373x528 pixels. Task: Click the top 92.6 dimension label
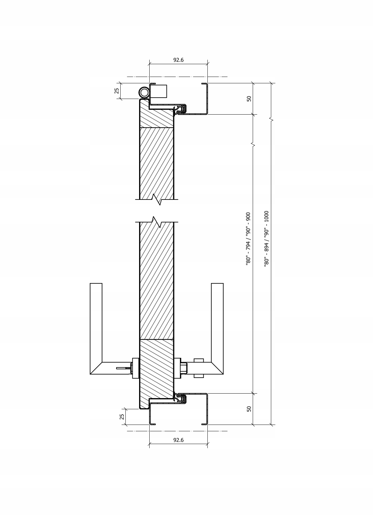click(178, 60)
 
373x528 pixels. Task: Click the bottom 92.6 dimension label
click(178, 440)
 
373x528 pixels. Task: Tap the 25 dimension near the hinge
click(117, 91)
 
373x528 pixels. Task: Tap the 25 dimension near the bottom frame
click(122, 417)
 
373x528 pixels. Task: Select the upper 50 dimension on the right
click(249, 98)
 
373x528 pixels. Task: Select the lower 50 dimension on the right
click(249, 409)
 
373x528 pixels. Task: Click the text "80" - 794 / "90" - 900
click(248, 239)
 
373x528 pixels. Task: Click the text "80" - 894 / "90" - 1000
click(267, 238)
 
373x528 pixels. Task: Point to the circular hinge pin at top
click(144, 93)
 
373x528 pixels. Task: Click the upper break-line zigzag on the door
click(157, 199)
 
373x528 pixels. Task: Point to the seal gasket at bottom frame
click(181, 398)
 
